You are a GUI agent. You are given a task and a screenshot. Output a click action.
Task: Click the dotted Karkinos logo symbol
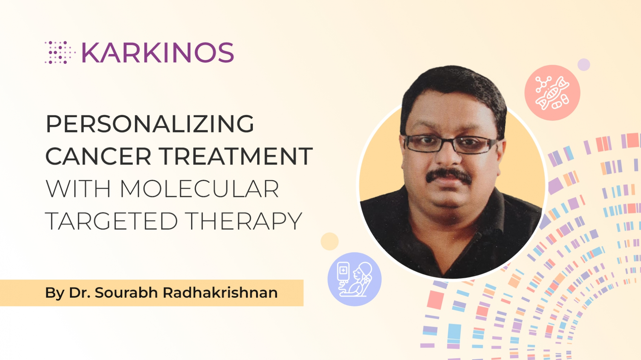click(59, 53)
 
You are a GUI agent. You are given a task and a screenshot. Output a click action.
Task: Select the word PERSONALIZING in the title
click(150, 124)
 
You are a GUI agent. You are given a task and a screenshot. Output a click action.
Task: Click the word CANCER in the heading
click(98, 157)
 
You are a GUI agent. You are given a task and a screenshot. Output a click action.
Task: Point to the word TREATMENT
click(236, 157)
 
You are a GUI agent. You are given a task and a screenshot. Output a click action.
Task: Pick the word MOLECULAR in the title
click(199, 189)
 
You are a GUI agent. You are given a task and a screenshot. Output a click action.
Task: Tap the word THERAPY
click(244, 221)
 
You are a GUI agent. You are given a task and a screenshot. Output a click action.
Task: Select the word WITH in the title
click(78, 189)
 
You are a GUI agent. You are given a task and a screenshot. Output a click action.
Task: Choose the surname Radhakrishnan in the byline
click(220, 293)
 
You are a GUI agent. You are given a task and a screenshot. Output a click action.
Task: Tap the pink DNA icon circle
click(552, 93)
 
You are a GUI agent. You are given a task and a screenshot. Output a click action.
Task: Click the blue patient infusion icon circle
click(354, 279)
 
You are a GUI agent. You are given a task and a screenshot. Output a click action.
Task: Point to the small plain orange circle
click(329, 241)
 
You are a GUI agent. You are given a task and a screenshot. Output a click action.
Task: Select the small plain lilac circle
click(584, 65)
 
